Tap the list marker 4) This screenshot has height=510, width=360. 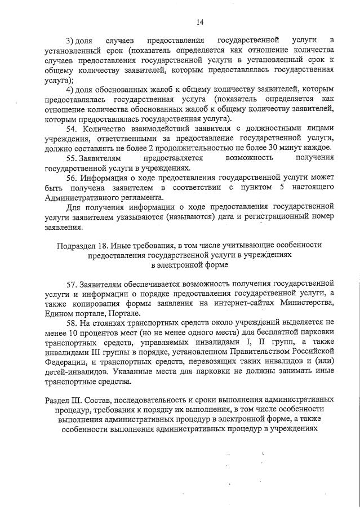click(x=70, y=90)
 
